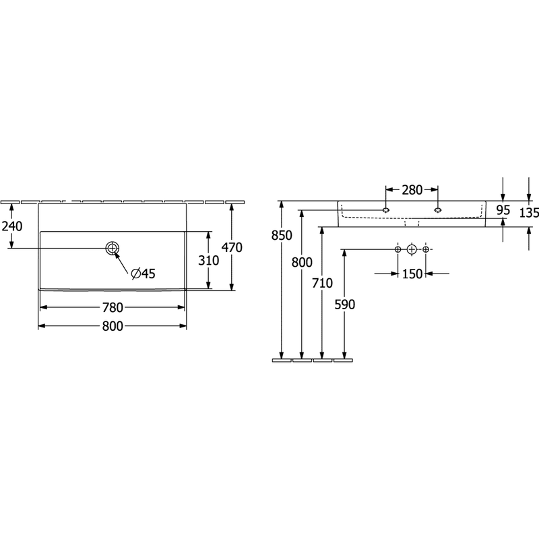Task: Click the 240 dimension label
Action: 12,226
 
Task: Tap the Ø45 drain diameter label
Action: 144,274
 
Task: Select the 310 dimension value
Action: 209,261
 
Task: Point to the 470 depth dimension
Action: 232,247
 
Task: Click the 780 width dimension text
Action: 113,307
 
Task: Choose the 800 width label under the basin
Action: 113,326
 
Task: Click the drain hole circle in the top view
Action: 113,248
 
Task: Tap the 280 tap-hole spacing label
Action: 412,190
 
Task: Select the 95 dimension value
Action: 503,210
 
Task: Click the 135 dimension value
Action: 529,213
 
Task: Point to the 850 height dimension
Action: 282,235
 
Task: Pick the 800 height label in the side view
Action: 302,262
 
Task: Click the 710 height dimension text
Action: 323,283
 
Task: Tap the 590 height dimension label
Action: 345,305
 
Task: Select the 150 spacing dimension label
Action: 412,274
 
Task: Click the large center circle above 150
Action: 412,249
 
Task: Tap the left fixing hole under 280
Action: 386,210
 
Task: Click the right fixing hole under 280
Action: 437,210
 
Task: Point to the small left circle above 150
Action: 398,249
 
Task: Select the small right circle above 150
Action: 426,249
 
